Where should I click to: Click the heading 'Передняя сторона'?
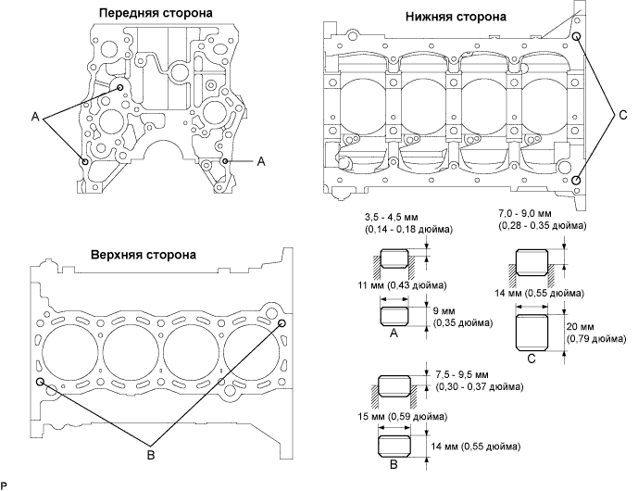pos(156,13)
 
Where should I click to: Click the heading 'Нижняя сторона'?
pos(456,17)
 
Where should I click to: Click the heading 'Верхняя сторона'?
pos(144,255)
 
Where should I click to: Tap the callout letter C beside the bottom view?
pos(622,115)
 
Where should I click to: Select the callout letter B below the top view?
pos(151,455)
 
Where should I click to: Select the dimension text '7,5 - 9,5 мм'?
pos(462,374)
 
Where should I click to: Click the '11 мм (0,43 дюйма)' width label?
pos(402,285)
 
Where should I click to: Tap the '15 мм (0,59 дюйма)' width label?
pos(403,417)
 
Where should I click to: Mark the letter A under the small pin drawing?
pos(394,334)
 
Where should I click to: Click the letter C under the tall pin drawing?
pos(532,359)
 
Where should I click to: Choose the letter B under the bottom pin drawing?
pos(394,464)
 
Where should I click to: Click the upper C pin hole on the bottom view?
pos(576,37)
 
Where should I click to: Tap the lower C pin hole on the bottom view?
pos(576,181)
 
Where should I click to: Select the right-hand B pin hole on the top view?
pos(281,323)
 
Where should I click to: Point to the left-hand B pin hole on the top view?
pos(40,382)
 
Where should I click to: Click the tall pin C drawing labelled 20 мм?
pos(532,333)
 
